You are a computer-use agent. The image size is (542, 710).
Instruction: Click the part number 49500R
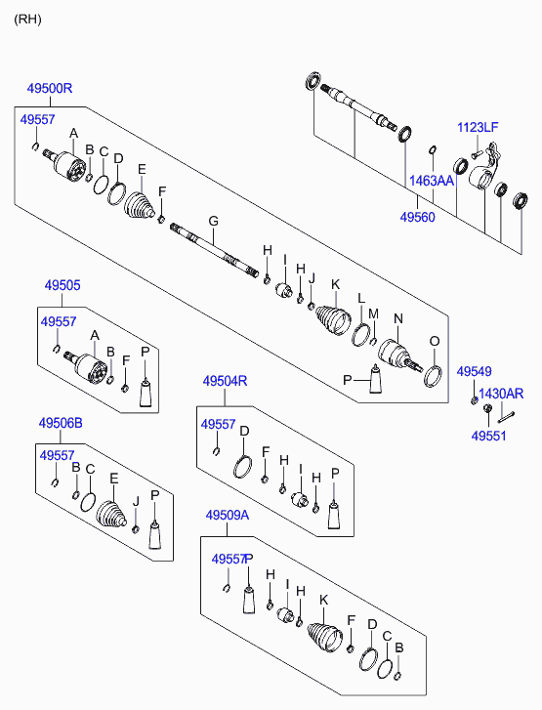(x=50, y=88)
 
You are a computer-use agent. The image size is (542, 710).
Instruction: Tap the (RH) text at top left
(x=27, y=20)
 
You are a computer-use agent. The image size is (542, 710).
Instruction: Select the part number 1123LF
(x=478, y=127)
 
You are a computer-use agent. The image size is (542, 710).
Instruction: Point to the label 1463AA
(x=431, y=181)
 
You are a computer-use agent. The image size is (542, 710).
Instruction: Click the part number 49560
(x=417, y=218)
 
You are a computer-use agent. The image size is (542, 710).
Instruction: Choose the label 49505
(x=63, y=285)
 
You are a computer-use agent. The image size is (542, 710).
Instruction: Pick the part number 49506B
(x=61, y=424)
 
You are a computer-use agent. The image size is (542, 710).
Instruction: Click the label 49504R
(x=225, y=381)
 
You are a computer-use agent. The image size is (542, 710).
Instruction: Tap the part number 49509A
(x=227, y=516)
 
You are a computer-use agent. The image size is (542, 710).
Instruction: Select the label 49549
(x=474, y=372)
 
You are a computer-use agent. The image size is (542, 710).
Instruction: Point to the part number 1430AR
(x=501, y=394)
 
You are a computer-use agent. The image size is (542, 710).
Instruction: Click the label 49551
(x=488, y=436)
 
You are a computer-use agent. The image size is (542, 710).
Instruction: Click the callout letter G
(x=213, y=222)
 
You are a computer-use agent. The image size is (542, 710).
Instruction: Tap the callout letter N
(x=398, y=318)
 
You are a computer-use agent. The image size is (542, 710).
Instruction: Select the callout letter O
(x=435, y=341)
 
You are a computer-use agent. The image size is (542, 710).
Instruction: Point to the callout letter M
(x=373, y=313)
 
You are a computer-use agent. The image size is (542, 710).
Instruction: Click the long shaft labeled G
(x=215, y=250)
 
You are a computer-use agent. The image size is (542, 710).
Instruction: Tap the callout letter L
(x=361, y=299)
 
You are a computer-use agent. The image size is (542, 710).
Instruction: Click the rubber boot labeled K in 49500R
(x=333, y=320)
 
